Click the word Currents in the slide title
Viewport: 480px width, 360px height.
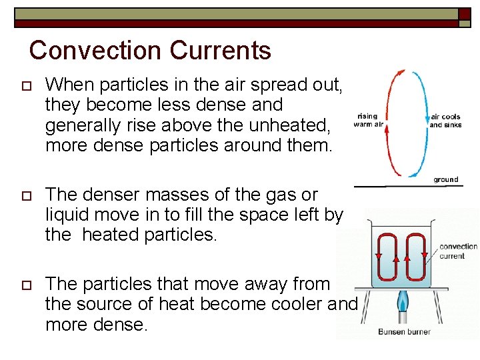[x=220, y=51]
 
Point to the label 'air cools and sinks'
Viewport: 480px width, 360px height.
[x=445, y=121]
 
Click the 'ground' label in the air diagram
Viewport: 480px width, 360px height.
[x=445, y=179]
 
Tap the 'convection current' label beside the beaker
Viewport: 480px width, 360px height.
[x=458, y=251]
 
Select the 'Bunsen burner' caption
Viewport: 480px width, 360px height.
[x=404, y=331]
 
